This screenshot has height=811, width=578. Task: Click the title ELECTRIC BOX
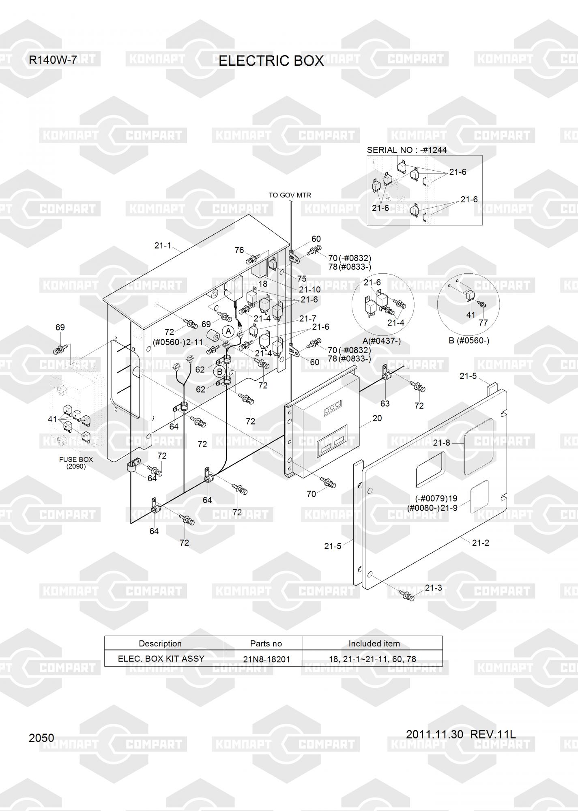pos(271,61)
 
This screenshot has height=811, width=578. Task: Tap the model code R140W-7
pos(53,60)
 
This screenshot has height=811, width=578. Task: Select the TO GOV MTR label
pos(290,195)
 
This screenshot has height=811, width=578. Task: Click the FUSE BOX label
pos(76,459)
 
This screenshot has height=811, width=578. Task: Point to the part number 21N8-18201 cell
pos(266,659)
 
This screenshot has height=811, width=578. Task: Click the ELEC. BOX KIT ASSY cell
pos(161,659)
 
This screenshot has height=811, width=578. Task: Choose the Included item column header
pos(374,644)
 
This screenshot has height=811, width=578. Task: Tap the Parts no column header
pos(266,644)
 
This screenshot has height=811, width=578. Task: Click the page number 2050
pos(41,738)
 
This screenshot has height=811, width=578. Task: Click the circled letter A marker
pos(228,331)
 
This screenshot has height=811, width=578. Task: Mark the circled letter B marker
pos(220,371)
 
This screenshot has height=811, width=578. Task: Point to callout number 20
pos(377,418)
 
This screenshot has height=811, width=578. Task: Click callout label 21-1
pos(163,245)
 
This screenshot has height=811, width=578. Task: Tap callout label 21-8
pos(441,443)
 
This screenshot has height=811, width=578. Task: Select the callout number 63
pos(385,403)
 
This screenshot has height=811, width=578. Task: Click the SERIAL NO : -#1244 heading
pos(407,150)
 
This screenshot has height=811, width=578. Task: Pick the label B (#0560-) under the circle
pos(469,341)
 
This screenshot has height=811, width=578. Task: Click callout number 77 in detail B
pos(483,323)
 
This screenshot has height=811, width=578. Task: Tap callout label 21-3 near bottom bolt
pos(433,588)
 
